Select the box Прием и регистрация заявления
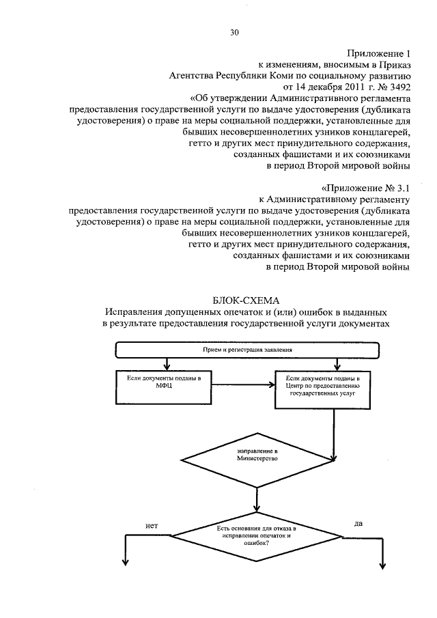247,350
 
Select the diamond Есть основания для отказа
257,537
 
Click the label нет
152,526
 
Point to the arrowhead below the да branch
383,565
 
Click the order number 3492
394,88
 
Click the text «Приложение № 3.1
365,186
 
